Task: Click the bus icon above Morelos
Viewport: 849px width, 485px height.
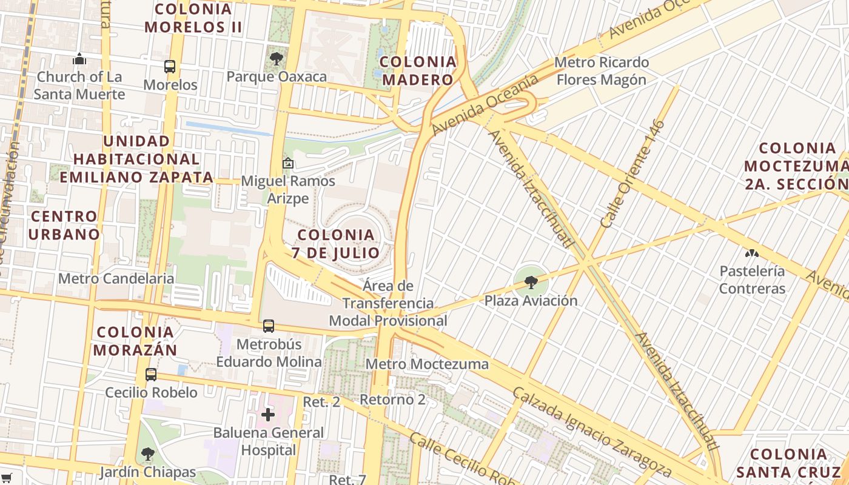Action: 169,67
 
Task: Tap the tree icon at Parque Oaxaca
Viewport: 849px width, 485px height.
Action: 277,59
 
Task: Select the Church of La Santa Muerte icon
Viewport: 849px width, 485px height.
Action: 79,59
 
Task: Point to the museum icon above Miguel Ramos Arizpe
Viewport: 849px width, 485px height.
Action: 288,163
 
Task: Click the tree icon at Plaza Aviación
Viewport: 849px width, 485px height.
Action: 531,282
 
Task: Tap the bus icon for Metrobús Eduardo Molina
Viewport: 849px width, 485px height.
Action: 269,326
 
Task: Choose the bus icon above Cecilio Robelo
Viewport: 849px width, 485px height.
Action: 151,375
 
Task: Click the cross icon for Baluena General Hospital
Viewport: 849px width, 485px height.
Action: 268,415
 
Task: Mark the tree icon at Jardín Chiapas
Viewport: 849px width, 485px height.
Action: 147,453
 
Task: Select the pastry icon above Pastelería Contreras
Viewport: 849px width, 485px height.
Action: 752,253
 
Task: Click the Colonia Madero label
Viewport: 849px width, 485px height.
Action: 418,70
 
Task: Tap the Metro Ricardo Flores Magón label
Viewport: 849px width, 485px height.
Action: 601,71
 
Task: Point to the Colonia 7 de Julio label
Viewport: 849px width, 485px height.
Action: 336,244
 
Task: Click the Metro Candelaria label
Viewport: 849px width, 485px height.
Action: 116,279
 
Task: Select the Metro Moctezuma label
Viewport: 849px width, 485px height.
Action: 428,364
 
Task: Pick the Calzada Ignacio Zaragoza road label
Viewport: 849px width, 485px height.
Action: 591,432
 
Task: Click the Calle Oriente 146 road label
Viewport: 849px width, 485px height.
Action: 633,174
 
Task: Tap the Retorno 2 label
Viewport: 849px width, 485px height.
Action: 392,400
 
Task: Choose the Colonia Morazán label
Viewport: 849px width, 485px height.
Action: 135,341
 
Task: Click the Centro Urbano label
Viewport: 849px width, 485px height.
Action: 64,225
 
